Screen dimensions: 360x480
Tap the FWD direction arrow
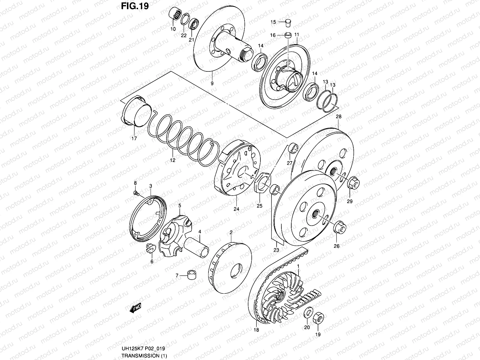[x=135, y=308]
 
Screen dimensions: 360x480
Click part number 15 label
[x=273, y=22]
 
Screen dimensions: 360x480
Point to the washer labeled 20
[x=307, y=313]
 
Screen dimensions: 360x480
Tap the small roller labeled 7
[x=192, y=275]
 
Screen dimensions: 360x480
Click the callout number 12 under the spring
[x=172, y=160]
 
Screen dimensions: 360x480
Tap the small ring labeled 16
[x=288, y=35]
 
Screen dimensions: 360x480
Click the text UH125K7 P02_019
[x=143, y=349]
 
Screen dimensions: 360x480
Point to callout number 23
[x=276, y=250]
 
